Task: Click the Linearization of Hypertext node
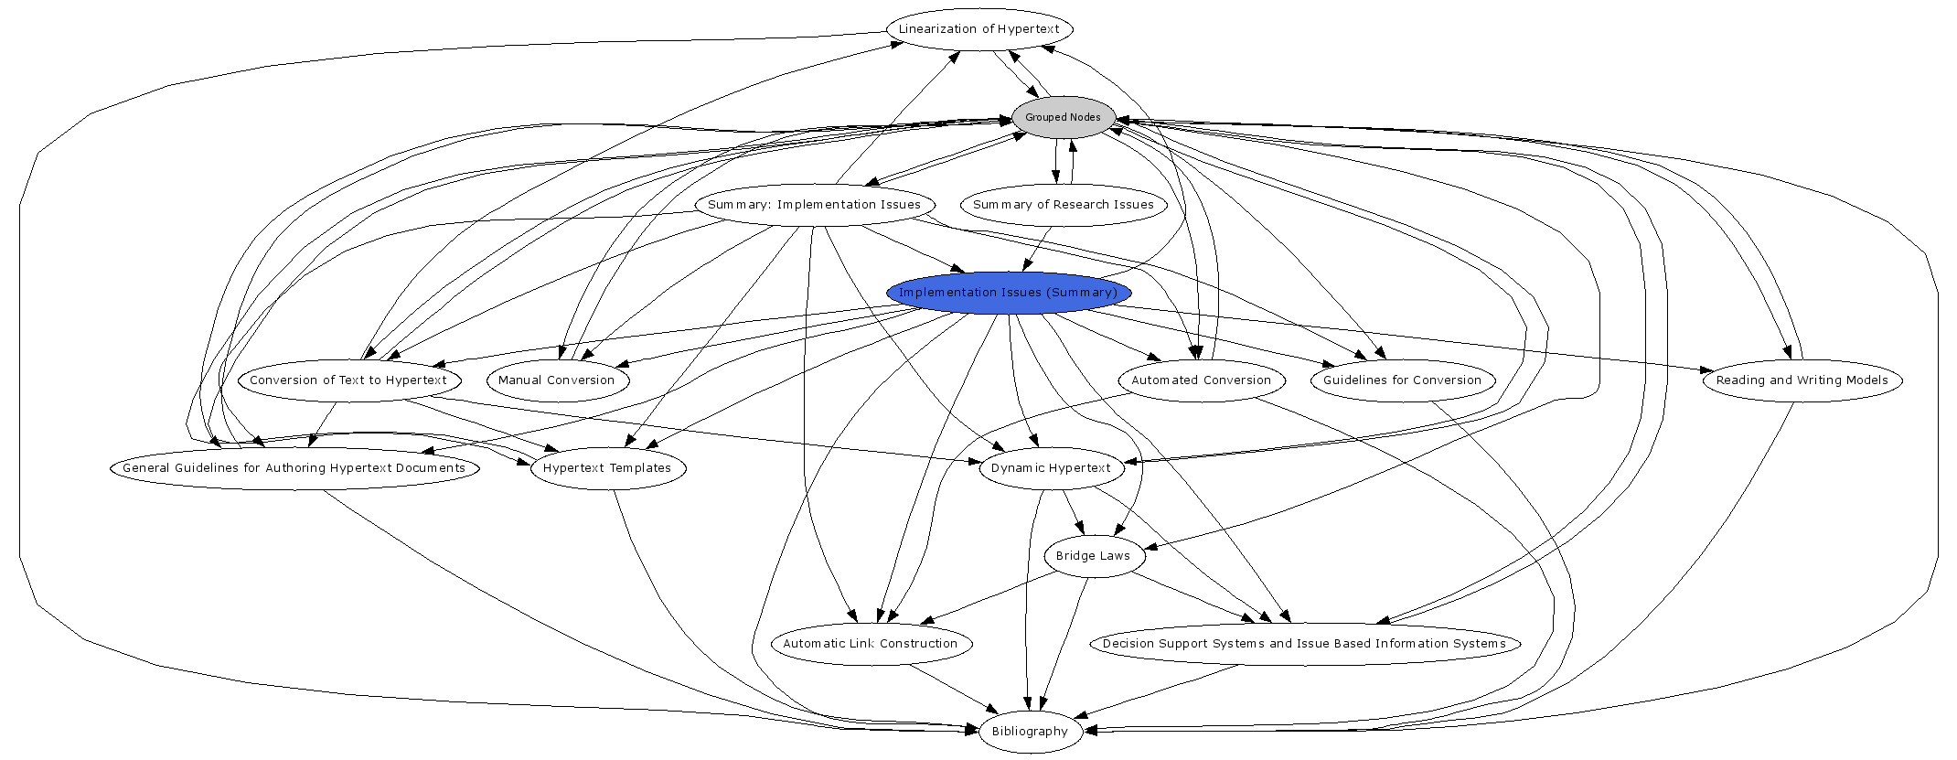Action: (978, 29)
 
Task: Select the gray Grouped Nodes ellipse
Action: (1063, 117)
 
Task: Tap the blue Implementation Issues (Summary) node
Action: (1008, 293)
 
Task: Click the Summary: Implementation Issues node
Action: (814, 205)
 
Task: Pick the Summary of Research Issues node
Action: (1063, 205)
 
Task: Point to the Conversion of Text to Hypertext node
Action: (348, 380)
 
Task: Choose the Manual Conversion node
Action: (556, 380)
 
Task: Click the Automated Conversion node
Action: (1201, 380)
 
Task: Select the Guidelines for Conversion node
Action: (1402, 380)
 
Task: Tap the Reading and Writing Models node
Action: (1802, 380)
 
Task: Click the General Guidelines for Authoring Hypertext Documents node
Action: (294, 468)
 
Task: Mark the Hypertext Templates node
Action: (607, 468)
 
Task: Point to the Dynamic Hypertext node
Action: (1051, 468)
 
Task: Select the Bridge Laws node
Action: (1093, 556)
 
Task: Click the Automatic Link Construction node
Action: (870, 644)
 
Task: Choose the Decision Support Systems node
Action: (1303, 644)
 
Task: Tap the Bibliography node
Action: (1030, 732)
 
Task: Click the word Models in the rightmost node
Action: (1866, 380)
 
